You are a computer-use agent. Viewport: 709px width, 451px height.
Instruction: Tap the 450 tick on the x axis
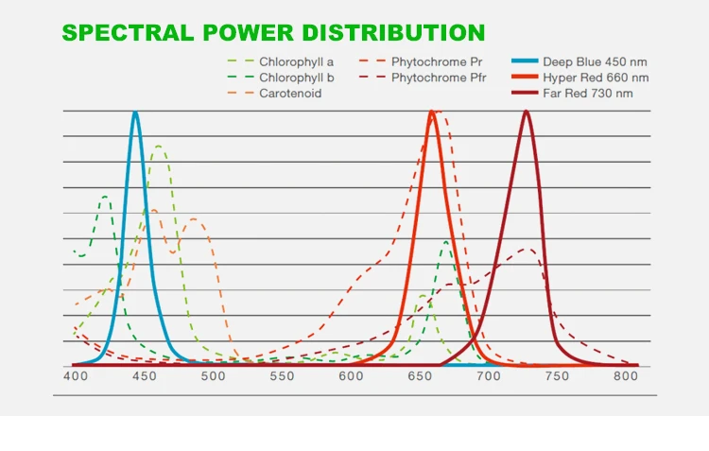(144, 375)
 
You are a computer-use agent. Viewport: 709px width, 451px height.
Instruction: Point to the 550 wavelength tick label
(282, 375)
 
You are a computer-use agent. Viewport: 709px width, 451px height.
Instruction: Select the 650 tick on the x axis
(420, 375)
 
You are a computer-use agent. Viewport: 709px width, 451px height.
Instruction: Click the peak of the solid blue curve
(135, 113)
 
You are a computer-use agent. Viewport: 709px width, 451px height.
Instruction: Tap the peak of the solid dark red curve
(527, 113)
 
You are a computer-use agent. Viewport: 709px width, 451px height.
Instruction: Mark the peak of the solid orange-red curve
(432, 113)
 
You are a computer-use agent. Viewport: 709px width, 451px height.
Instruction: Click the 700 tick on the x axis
(489, 375)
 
